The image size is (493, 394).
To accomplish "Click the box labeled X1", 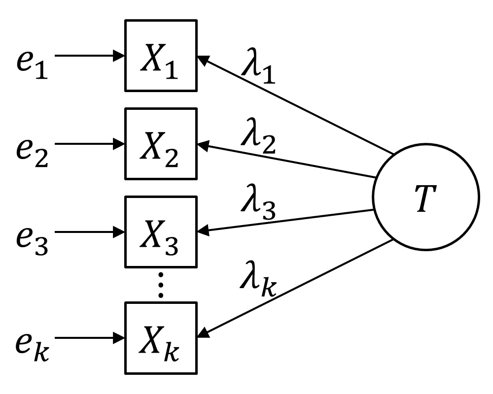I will click(x=161, y=55).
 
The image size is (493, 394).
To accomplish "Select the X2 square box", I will click(x=161, y=143).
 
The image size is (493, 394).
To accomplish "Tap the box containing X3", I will click(x=161, y=231).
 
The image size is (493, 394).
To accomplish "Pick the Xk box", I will click(x=161, y=337).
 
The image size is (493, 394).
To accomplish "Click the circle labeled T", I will click(x=425, y=197).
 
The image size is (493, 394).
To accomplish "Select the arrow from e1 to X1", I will click(x=89, y=55).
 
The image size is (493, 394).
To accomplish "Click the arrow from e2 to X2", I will click(x=89, y=144).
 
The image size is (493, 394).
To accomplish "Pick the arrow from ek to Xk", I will click(x=89, y=338).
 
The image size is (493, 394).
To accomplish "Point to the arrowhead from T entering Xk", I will click(x=203, y=335).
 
